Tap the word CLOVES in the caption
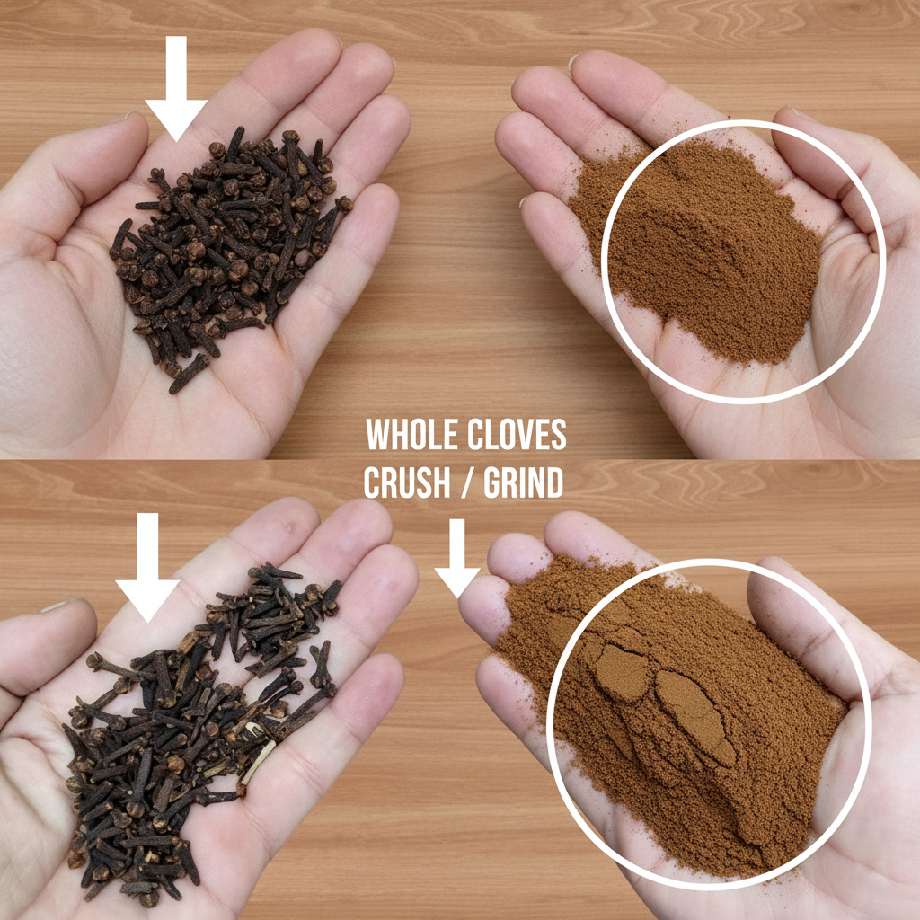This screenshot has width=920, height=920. click(517, 436)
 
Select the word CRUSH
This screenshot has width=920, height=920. click(406, 484)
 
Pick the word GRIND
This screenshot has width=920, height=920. click(524, 484)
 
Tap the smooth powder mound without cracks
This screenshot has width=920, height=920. click(701, 252)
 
